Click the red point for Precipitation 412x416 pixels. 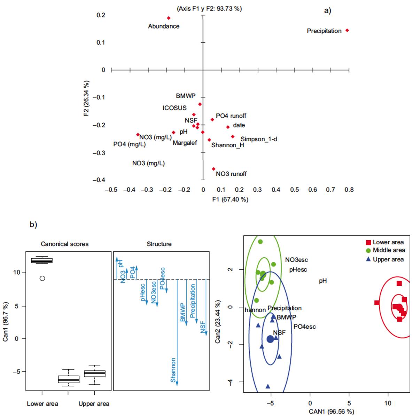click(347, 31)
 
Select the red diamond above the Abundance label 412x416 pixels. click(169, 18)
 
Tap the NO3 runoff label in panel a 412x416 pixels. click(231, 174)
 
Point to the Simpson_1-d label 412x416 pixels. click(258, 139)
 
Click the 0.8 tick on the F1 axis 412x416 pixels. click(349, 190)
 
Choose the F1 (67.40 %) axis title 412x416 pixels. click(230, 199)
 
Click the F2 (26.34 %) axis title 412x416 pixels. click(86, 98)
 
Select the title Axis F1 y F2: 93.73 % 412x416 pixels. click(209, 9)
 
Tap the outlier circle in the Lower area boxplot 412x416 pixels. click(42, 278)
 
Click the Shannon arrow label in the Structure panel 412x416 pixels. click(173, 370)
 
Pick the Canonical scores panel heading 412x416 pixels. click(64, 244)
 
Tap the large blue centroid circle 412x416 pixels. click(270, 339)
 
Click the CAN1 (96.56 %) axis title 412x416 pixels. click(331, 411)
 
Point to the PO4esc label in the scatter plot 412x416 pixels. click(304, 327)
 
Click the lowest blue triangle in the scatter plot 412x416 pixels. click(268, 386)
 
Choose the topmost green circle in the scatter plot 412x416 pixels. click(260, 242)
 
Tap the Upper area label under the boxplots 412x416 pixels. click(94, 404)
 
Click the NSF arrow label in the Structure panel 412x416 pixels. click(203, 327)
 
